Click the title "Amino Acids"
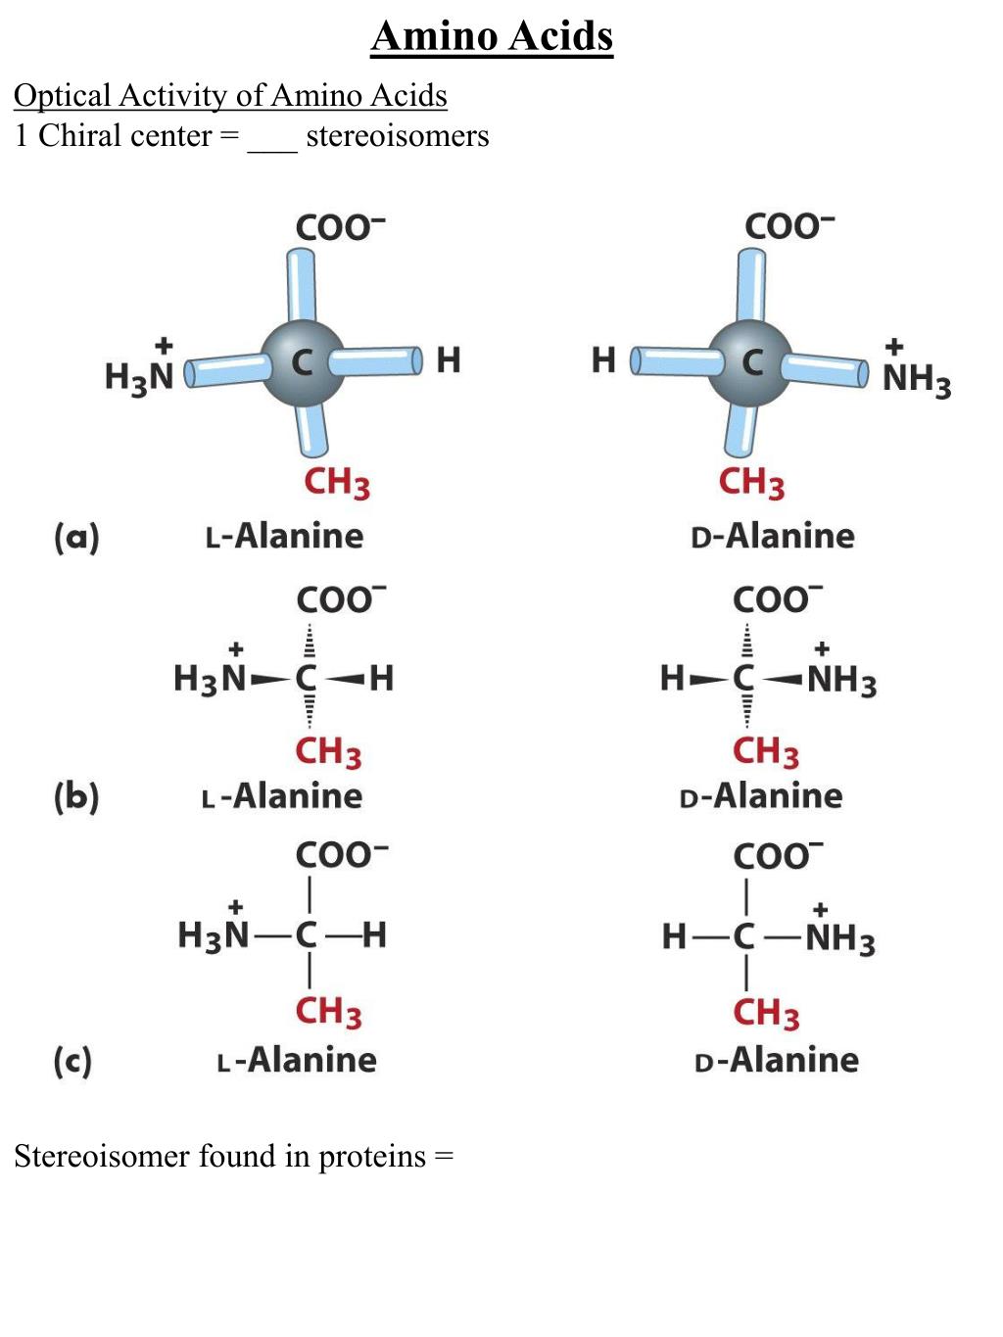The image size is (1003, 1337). (492, 37)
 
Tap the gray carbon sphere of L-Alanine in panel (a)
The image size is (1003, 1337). (304, 362)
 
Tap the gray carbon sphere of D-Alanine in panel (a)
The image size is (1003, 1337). (751, 362)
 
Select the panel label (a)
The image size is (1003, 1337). (76, 537)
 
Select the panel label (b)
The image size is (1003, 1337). (76, 796)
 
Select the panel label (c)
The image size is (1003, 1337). (72, 1061)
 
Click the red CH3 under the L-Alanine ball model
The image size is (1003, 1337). (336, 483)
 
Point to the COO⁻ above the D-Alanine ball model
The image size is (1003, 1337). (788, 226)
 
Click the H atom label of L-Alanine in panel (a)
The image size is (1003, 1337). (448, 360)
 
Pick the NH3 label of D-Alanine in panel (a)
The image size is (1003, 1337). (916, 378)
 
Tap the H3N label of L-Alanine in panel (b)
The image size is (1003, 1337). (209, 678)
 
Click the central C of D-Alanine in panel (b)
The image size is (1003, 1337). (744, 678)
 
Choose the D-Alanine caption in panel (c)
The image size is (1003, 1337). (776, 1060)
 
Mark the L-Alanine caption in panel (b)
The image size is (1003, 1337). (282, 795)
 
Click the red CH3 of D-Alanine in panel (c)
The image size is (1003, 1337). (765, 1013)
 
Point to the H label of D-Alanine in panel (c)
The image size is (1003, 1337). (674, 936)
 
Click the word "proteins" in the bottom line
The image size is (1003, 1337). (372, 1157)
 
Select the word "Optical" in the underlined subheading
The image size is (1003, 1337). (62, 96)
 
